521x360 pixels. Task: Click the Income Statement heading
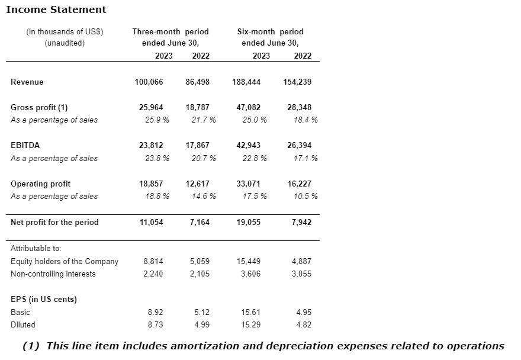click(56, 9)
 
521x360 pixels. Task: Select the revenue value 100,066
click(149, 82)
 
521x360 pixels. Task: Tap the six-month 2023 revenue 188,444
click(246, 82)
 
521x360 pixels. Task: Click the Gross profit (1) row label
click(39, 108)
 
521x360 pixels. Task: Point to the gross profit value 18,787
click(197, 108)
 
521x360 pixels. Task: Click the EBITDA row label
click(25, 146)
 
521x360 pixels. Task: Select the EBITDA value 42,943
click(248, 146)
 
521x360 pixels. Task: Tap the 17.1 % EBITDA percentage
click(305, 158)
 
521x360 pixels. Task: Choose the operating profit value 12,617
click(197, 184)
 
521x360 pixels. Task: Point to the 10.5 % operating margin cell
click(305, 197)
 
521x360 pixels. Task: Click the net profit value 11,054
click(150, 223)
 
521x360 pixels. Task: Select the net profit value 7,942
click(301, 223)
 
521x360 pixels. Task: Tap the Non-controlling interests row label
click(53, 274)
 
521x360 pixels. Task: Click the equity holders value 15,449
click(249, 262)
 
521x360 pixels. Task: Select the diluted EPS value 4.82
click(303, 325)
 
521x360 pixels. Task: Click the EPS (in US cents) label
click(44, 300)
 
